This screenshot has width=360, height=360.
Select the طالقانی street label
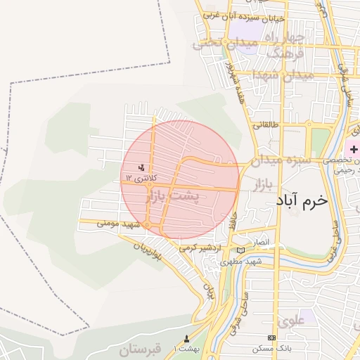(266, 126)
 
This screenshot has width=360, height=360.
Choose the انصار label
(260, 242)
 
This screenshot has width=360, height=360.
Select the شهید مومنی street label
(115, 224)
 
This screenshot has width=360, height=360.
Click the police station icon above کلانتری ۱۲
(141, 167)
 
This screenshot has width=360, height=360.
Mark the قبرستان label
(141, 349)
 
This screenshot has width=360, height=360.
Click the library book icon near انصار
(241, 250)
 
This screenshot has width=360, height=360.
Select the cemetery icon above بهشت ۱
(186, 339)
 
